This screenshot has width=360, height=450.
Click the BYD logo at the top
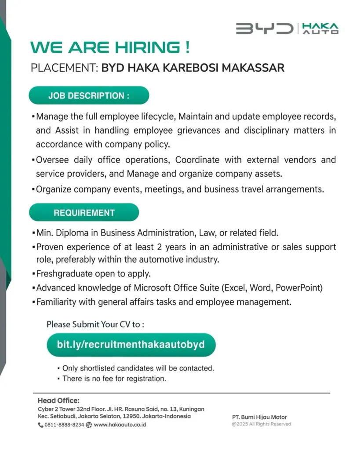[264, 29]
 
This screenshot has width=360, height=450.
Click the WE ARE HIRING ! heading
[110, 47]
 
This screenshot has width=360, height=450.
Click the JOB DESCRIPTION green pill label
[89, 96]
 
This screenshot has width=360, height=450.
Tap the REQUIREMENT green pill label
[84, 213]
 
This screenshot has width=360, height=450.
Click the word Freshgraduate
[65, 274]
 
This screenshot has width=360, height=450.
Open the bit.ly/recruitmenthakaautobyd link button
[131, 345]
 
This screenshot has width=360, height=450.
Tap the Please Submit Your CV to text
[95, 325]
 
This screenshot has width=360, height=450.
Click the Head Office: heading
[58, 400]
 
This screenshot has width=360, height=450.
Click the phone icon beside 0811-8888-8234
[40, 425]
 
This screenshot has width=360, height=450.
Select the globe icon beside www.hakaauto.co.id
[89, 425]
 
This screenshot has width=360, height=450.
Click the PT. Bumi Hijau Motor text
[259, 417]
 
